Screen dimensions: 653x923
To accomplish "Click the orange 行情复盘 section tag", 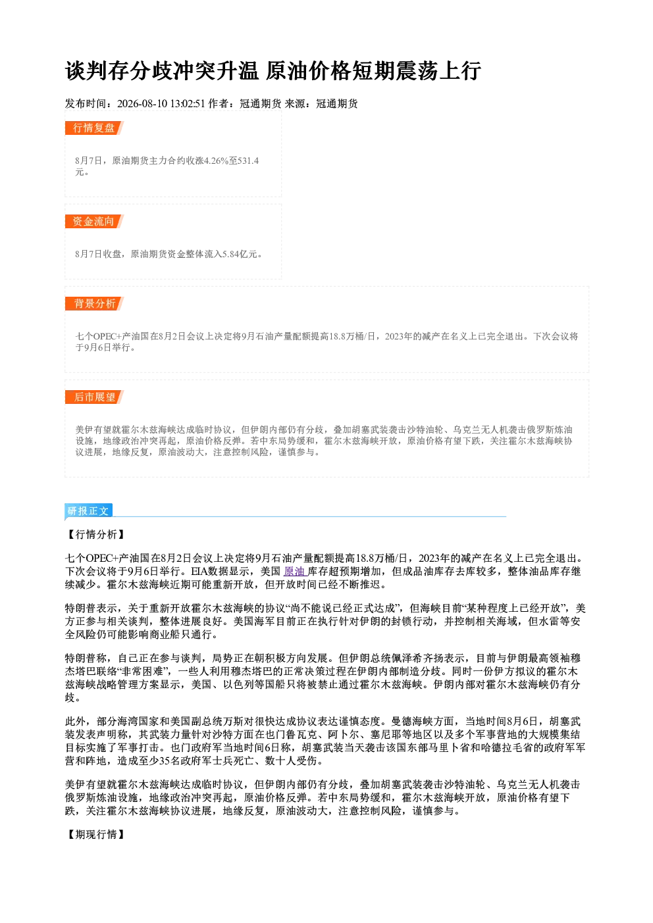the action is [x=93, y=128].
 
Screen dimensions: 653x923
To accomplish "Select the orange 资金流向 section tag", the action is [x=93, y=222].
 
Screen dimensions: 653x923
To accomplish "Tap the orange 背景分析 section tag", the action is [x=93, y=304].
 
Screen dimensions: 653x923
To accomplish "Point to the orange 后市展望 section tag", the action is [x=93, y=397].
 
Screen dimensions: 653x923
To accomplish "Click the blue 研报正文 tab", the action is [x=88, y=511].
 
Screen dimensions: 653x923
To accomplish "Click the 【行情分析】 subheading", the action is [x=95, y=535].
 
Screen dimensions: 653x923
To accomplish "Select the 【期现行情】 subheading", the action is [x=95, y=835].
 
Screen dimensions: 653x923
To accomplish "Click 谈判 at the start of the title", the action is [x=86, y=71].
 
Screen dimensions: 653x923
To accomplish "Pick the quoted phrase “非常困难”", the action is [x=143, y=671].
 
